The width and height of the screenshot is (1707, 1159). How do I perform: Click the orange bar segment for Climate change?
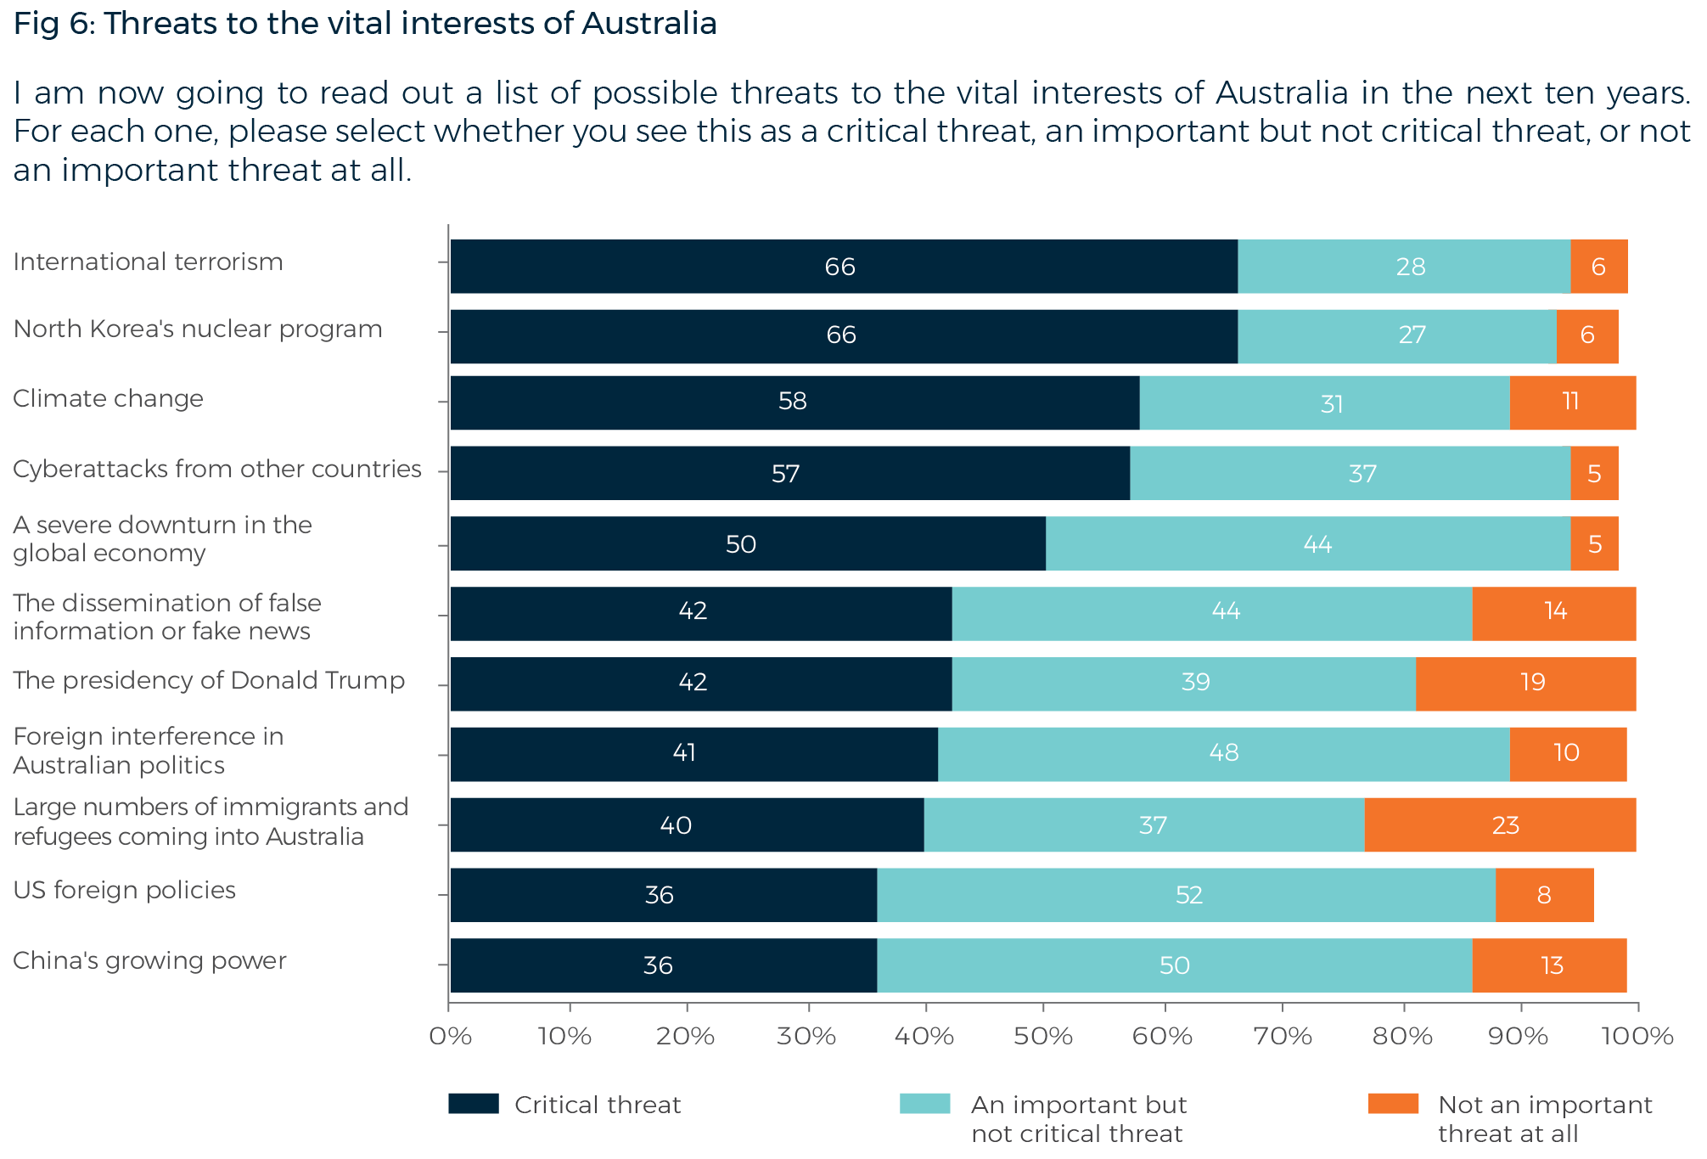click(1572, 402)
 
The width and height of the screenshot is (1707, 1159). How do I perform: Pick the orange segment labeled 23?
click(1505, 825)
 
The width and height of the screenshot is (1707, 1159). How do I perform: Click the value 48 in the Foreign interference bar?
click(1223, 753)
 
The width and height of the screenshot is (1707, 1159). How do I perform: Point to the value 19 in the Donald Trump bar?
click(1532, 683)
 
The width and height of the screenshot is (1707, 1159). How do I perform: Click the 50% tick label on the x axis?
click(1043, 1037)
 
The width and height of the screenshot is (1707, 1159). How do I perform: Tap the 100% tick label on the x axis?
click(1637, 1037)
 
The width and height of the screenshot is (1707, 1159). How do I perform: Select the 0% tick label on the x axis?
click(449, 1037)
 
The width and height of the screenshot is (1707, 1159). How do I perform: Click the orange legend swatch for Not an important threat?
click(1393, 1104)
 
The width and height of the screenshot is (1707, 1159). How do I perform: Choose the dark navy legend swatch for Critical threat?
click(473, 1104)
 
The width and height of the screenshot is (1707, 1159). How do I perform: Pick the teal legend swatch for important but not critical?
click(924, 1104)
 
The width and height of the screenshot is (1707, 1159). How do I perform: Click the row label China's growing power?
click(149, 961)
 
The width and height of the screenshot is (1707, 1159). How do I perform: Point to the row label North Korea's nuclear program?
click(198, 329)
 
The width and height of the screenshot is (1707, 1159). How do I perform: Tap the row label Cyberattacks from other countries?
click(216, 470)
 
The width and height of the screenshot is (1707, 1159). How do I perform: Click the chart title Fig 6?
click(365, 24)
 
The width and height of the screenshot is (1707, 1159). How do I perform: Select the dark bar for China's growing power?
click(663, 965)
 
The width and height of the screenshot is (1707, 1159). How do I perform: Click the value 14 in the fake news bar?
click(1555, 611)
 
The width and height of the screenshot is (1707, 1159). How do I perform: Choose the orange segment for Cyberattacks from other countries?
click(1594, 473)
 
